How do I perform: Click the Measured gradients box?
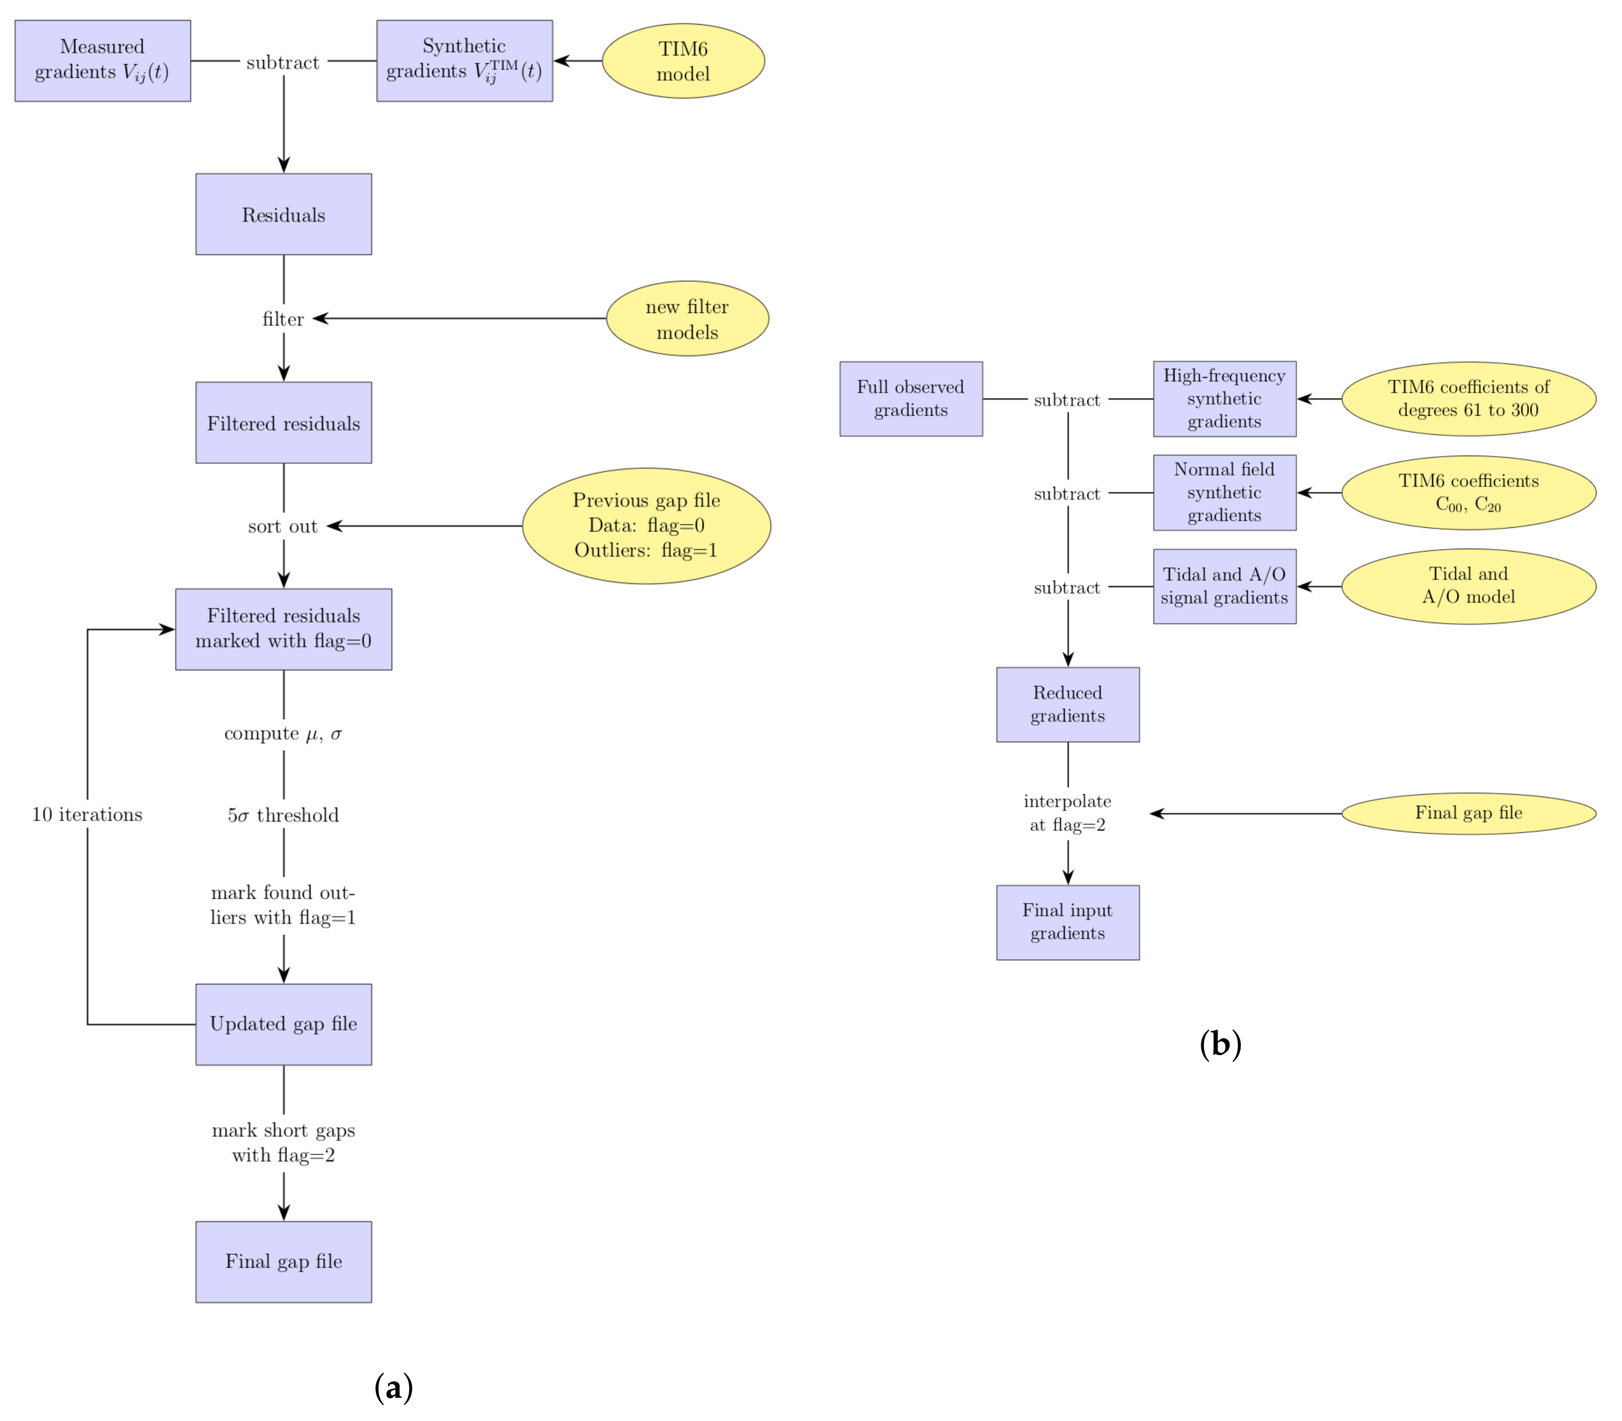(x=102, y=60)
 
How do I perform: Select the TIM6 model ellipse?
(x=683, y=60)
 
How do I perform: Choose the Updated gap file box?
(x=283, y=1024)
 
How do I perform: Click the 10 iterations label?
(x=87, y=814)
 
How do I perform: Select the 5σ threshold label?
(x=283, y=815)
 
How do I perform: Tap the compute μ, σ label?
(x=283, y=733)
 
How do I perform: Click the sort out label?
(x=283, y=526)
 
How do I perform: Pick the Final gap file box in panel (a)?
(x=283, y=1261)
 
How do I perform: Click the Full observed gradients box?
(x=911, y=398)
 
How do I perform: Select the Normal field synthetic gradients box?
(x=1224, y=492)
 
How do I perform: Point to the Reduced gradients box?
(x=1068, y=704)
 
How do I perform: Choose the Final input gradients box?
(x=1068, y=922)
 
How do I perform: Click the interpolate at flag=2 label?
(x=1068, y=813)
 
